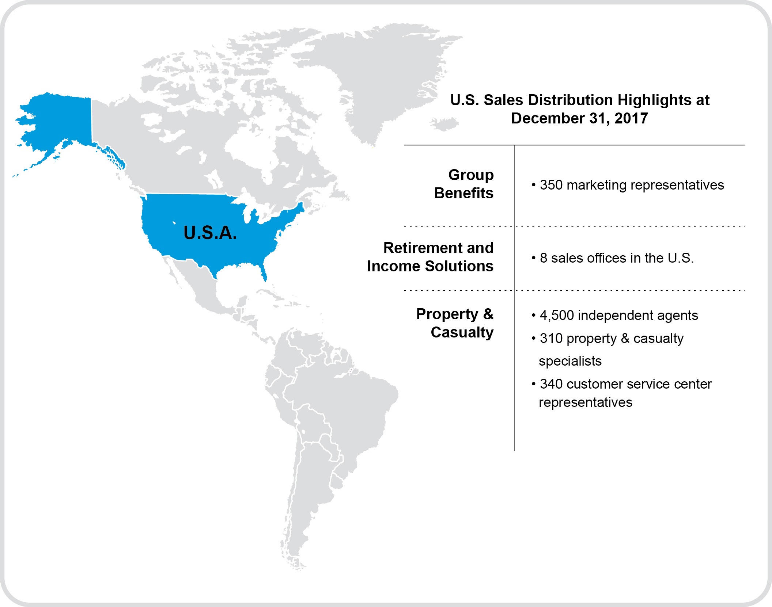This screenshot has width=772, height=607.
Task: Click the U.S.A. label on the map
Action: click(210, 233)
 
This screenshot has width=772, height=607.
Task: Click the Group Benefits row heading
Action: click(464, 184)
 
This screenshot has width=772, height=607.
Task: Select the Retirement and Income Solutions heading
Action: click(431, 257)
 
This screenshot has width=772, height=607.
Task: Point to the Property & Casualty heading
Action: click(455, 323)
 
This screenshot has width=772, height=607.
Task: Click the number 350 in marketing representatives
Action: click(551, 185)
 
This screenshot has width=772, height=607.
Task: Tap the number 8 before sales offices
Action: click(544, 258)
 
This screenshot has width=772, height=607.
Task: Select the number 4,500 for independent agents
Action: click(557, 316)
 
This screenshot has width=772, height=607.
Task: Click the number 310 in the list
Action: click(551, 339)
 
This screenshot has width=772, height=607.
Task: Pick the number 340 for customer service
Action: click(551, 384)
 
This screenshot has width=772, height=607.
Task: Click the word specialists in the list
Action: click(570, 361)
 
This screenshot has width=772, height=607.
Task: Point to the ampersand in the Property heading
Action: click(488, 314)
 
